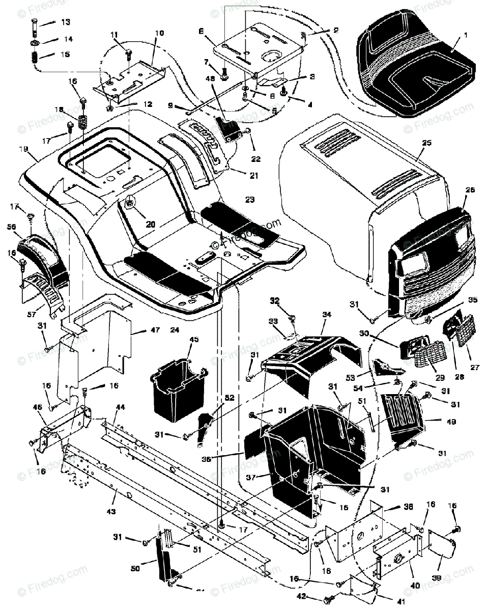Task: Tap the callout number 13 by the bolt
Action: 66,22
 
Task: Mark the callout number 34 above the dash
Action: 326,315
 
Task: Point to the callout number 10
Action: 159,33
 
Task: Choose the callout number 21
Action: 253,176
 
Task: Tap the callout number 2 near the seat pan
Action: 321,31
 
